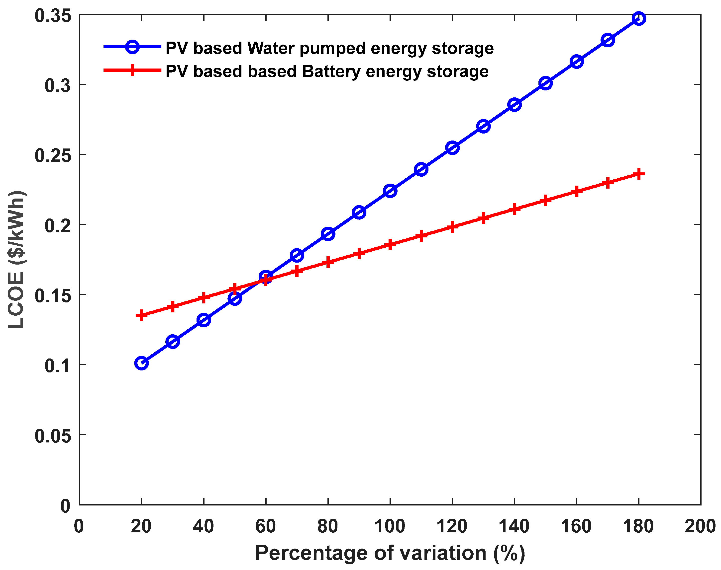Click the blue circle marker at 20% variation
click(141, 363)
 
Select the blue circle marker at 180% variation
click(638, 18)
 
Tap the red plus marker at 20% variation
click(141, 315)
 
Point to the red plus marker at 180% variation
click(638, 174)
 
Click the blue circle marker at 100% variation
click(390, 191)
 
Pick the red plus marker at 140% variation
click(514, 209)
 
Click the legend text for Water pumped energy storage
click(329, 48)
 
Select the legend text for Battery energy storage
click(327, 71)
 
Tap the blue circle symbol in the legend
click(132, 47)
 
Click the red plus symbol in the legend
click(132, 70)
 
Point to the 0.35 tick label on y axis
click(53, 16)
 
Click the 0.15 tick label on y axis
click(53, 296)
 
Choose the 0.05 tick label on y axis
click(53, 436)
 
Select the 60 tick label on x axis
click(265, 526)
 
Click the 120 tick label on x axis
click(452, 526)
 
